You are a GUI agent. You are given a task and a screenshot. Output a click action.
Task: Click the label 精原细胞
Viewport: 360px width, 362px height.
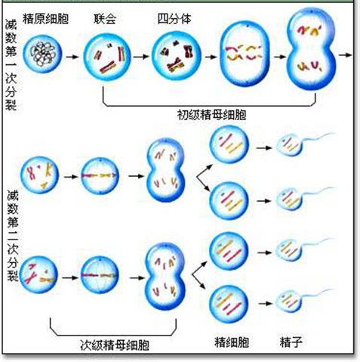tap(45, 19)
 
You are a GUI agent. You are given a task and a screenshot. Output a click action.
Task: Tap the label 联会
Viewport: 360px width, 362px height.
tap(105, 19)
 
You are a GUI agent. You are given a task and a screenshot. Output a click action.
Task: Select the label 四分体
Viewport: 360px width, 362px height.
tap(174, 19)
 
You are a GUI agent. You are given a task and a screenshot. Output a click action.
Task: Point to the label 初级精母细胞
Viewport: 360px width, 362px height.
tap(211, 115)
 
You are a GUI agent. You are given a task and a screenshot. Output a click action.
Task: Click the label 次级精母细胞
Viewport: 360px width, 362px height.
tap(115, 345)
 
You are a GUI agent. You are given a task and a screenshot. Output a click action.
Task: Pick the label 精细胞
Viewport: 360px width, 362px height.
tap(232, 342)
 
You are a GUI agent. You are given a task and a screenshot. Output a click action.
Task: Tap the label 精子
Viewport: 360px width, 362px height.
tap(291, 342)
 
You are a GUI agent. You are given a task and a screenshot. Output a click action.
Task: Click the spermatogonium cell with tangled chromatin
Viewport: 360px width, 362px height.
tap(42, 54)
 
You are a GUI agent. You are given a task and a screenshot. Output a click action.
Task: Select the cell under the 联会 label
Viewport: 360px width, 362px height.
tap(107, 57)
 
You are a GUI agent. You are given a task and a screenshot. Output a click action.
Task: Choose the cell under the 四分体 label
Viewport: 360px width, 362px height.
tap(177, 56)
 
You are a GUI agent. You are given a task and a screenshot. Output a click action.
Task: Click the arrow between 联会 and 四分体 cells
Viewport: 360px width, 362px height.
tap(141, 57)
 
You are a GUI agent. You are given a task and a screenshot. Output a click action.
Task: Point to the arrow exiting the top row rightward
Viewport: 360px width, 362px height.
tap(345, 54)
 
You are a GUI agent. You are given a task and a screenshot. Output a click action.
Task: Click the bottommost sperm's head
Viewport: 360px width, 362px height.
tap(288, 301)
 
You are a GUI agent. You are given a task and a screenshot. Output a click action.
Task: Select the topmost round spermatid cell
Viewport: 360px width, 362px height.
tap(229, 144)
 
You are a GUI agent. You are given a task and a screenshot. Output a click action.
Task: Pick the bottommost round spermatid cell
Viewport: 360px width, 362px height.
tap(229, 304)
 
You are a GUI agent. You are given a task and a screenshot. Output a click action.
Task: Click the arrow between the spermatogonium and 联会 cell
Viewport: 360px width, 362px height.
tap(72, 57)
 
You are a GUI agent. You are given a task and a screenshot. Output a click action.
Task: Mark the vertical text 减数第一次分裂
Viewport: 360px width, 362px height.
tap(11, 66)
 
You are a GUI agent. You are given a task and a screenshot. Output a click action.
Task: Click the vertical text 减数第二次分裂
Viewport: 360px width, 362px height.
tap(13, 236)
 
